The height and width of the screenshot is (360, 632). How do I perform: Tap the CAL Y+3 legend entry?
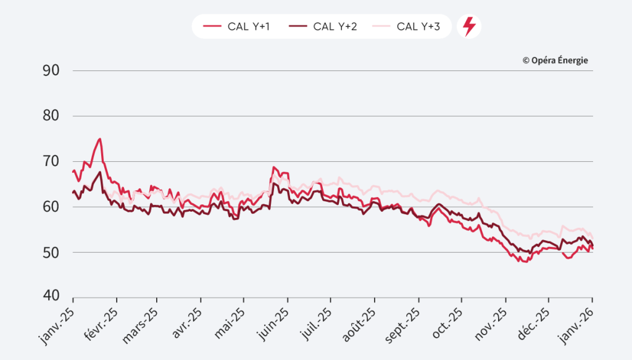click(x=409, y=27)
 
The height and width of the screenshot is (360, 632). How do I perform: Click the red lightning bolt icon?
click(x=469, y=27)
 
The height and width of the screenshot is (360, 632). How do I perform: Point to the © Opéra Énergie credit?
click(x=555, y=61)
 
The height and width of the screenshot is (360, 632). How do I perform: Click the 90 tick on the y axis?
click(x=51, y=70)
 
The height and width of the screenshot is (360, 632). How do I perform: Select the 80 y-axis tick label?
click(x=51, y=116)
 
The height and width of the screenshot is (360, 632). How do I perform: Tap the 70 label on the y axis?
click(x=51, y=162)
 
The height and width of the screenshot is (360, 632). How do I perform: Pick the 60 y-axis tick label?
click(x=51, y=207)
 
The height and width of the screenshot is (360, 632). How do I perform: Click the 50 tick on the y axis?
click(x=51, y=253)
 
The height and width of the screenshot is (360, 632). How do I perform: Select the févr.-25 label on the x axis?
click(x=100, y=320)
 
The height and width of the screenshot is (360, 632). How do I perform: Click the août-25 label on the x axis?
click(x=359, y=320)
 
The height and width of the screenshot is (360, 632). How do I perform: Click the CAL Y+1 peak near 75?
click(x=99, y=139)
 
